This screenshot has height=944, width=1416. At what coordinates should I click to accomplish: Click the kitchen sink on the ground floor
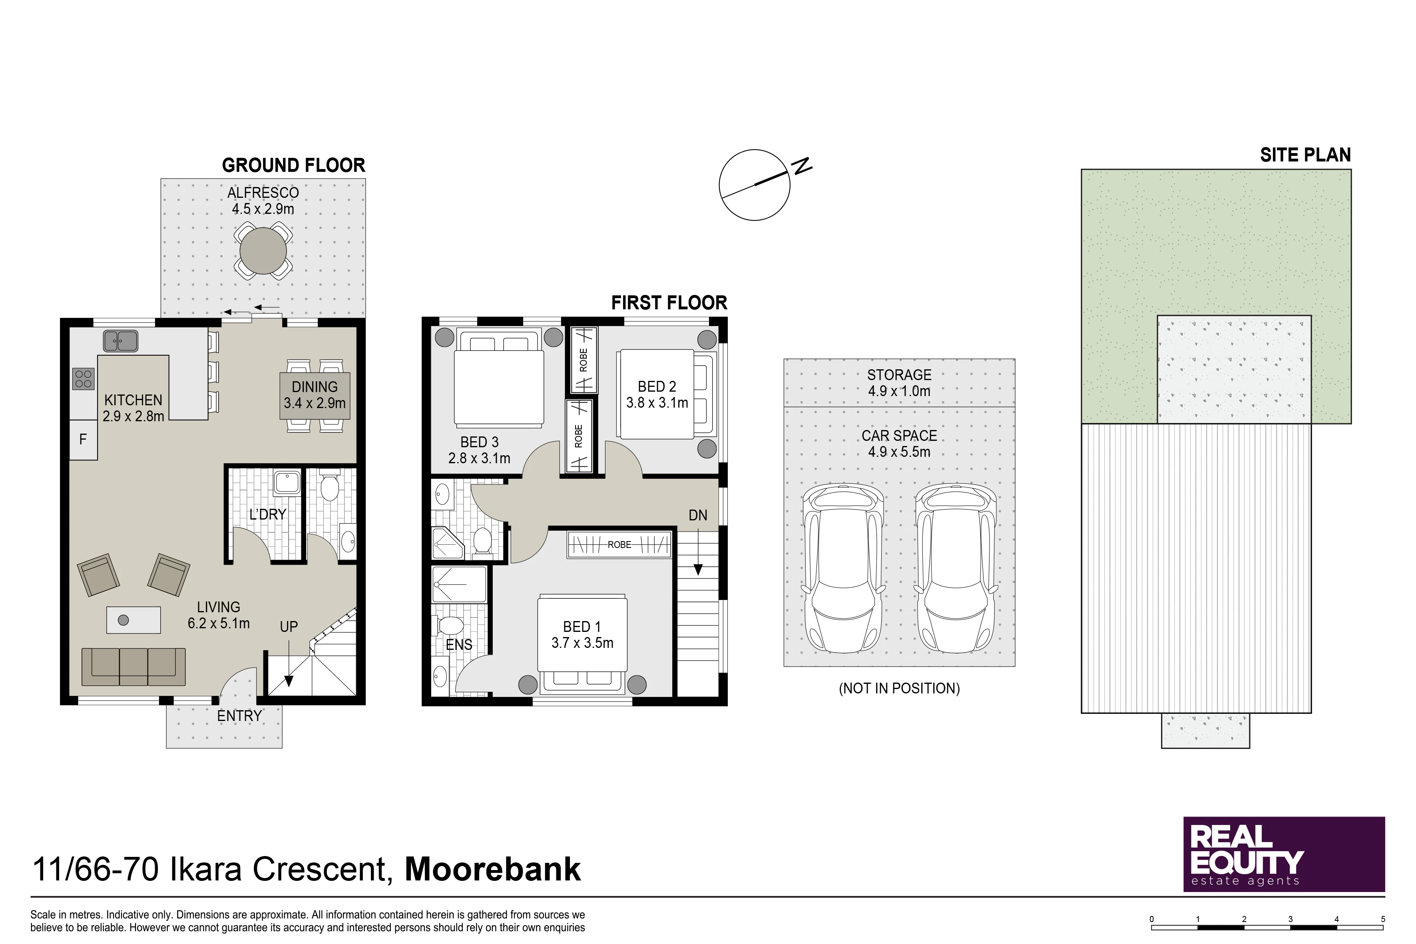pyautogui.click(x=120, y=341)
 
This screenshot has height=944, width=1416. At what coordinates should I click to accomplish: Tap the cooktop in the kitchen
pyautogui.click(x=84, y=379)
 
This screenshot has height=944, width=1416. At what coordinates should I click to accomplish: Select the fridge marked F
pyautogui.click(x=83, y=440)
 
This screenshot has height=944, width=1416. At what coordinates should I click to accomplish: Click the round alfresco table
pyautogui.click(x=263, y=251)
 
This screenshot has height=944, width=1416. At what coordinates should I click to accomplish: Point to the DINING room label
pyautogui.click(x=314, y=387)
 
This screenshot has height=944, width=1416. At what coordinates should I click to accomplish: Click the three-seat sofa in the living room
pyautogui.click(x=133, y=667)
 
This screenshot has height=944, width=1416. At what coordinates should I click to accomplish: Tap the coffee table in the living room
pyautogui.click(x=133, y=620)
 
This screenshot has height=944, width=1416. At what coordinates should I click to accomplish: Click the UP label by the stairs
pyautogui.click(x=289, y=627)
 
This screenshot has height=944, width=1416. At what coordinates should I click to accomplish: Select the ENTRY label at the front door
pyautogui.click(x=240, y=716)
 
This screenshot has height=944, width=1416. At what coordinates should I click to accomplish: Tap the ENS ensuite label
pyautogui.click(x=459, y=645)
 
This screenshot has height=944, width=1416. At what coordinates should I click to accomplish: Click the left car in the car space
pyautogui.click(x=843, y=569)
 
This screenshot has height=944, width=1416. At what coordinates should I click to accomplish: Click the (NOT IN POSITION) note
pyautogui.click(x=900, y=688)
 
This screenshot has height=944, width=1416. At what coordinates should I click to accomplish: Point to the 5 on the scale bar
pyautogui.click(x=1383, y=919)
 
